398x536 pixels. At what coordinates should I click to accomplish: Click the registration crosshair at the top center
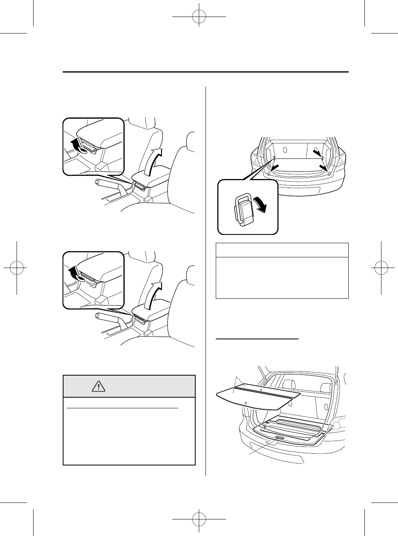[199, 17]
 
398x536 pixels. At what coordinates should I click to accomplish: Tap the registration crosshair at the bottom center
[199, 519]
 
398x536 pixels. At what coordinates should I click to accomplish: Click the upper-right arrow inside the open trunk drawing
[317, 152]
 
